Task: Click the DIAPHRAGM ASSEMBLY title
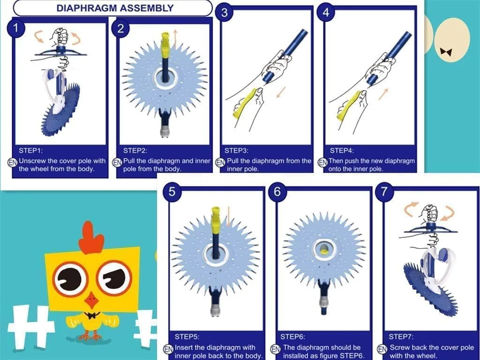(x=115, y=8)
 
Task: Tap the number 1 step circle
(x=15, y=28)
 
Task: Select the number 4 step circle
(x=326, y=12)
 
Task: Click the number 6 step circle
(x=277, y=192)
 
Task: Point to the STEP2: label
(x=135, y=150)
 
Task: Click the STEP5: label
(x=187, y=337)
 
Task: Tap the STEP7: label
(x=401, y=337)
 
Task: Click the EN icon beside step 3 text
(x=220, y=162)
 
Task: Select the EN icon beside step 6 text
(x=275, y=349)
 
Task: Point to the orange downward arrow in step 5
(x=228, y=216)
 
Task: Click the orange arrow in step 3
(x=281, y=92)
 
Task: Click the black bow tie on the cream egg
(x=446, y=52)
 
